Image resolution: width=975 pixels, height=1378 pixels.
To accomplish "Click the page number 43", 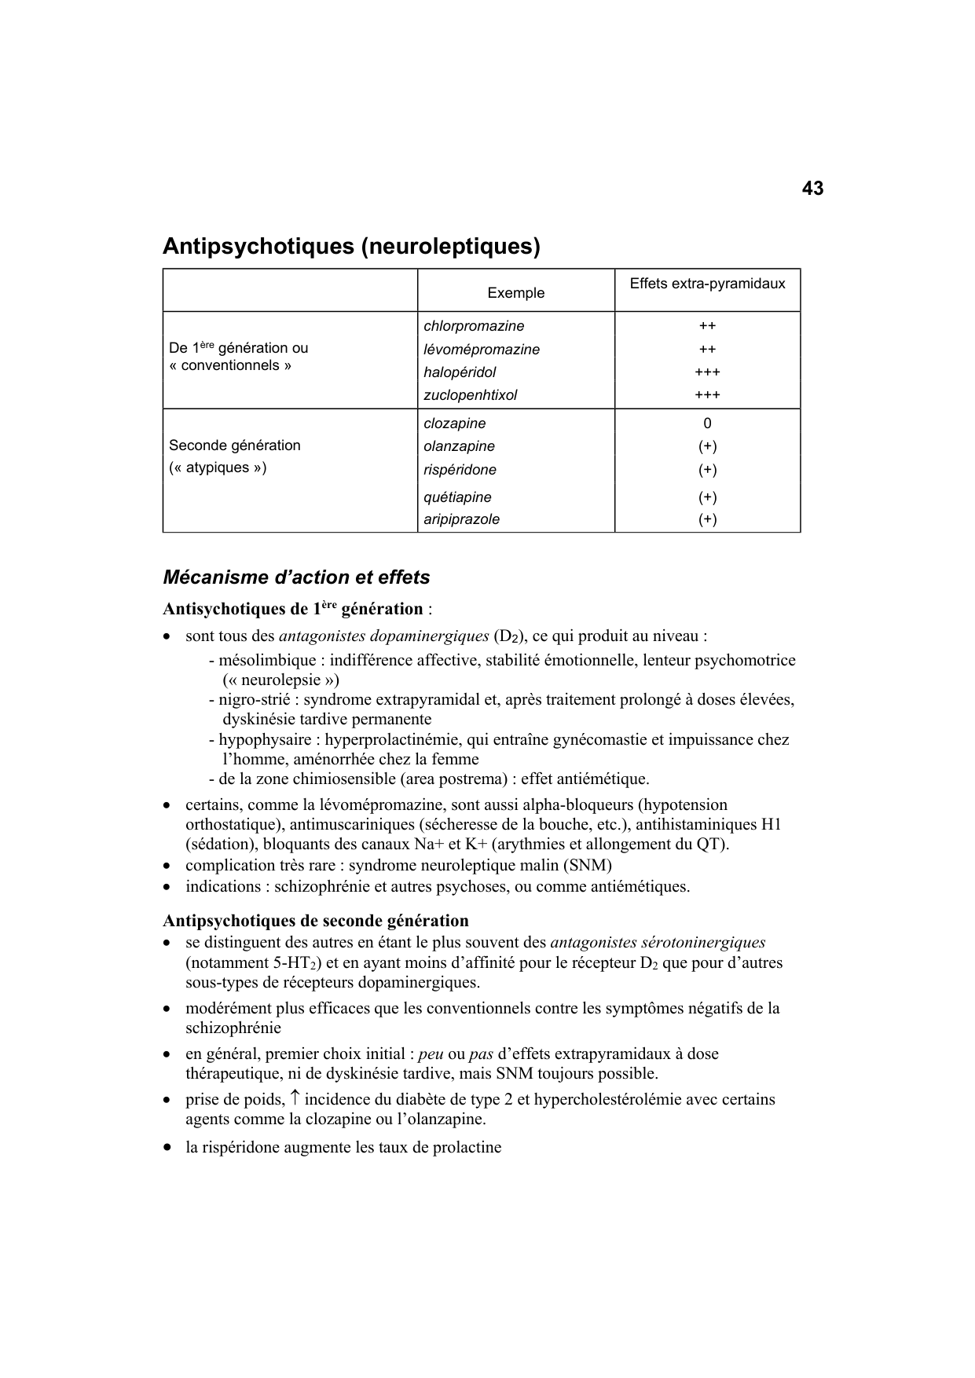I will coord(812,189).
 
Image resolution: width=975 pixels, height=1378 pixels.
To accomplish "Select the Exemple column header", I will coord(515,293).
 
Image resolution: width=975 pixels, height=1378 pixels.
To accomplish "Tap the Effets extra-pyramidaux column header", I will coord(707,284).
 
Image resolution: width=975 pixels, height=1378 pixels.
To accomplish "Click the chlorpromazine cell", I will coord(474,326).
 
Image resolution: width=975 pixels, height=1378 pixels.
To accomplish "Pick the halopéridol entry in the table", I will coord(460,372).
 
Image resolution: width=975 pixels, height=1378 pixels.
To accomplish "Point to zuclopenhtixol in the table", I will coord(470,395).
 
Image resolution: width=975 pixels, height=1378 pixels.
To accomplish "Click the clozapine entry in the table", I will coord(454,423).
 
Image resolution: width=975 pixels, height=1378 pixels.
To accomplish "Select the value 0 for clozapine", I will coord(707,423).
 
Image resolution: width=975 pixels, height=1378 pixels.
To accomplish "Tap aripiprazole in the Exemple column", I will coord(461,519).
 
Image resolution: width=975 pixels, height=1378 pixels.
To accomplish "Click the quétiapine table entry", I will coord(457,497).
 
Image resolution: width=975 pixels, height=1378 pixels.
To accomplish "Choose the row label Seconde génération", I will coord(234,445).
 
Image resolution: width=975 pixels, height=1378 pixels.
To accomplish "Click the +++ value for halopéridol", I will coord(707,372).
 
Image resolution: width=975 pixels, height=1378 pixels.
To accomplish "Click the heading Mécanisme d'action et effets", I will coord(296,577).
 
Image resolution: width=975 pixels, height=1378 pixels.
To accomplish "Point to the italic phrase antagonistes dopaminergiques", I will coord(383,636).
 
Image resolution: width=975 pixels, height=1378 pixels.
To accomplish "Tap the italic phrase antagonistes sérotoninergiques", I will coord(658,943).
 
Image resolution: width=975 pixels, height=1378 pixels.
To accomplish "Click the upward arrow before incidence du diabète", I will coord(294,1098).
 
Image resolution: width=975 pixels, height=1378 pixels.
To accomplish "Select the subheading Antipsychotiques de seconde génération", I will coord(315,921).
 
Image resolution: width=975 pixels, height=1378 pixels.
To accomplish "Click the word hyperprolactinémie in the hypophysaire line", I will coord(393,739).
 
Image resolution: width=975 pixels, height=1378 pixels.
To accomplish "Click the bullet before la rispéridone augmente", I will coord(167,1147).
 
